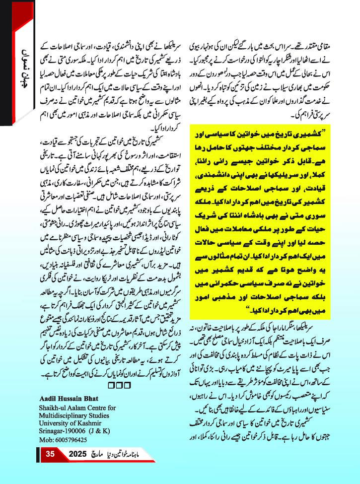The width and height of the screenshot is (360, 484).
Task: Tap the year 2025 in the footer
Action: pyautogui.click(x=78, y=454)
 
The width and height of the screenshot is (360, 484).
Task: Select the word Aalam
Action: pyautogui.click(x=78, y=408)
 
